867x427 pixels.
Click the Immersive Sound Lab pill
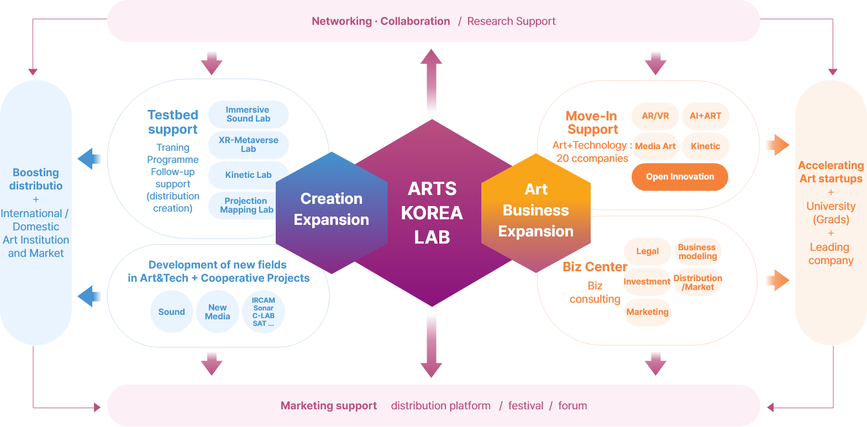pyautogui.click(x=248, y=114)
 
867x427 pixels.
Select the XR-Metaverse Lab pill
pyautogui.click(x=248, y=145)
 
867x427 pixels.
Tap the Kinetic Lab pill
pyautogui.click(x=248, y=175)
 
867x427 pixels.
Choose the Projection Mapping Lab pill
pyautogui.click(x=244, y=205)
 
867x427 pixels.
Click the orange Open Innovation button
pyautogui.click(x=680, y=177)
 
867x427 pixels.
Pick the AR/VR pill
pyautogui.click(x=655, y=115)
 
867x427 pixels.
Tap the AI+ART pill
pyautogui.click(x=705, y=115)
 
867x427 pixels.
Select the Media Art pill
pyautogui.click(x=655, y=146)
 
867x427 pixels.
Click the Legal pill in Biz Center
pyautogui.click(x=647, y=251)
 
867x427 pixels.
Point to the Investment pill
pyautogui.click(x=647, y=282)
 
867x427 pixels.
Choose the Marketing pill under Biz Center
pyautogui.click(x=647, y=312)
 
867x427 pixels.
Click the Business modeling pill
pyautogui.click(x=697, y=251)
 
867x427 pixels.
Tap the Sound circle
pyautogui.click(x=171, y=312)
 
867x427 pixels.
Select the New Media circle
pyautogui.click(x=218, y=312)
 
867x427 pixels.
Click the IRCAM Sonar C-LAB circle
pyautogui.click(x=263, y=312)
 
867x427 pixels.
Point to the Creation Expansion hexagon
pyautogui.click(x=332, y=213)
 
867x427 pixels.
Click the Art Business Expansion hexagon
pyautogui.click(x=536, y=213)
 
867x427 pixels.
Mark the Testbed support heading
pyautogui.click(x=172, y=122)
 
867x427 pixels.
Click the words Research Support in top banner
pyautogui.click(x=511, y=22)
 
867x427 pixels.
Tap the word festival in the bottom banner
pyautogui.click(x=526, y=405)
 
